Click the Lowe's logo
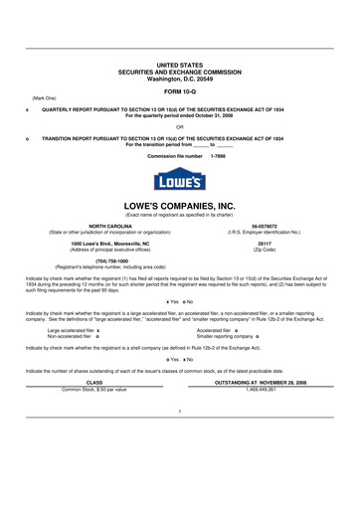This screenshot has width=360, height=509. (179, 178)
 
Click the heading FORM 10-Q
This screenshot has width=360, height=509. (179, 90)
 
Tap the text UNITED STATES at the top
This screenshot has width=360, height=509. (179, 63)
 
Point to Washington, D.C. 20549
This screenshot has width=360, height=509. (179, 77)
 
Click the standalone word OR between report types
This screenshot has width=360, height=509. (179, 126)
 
